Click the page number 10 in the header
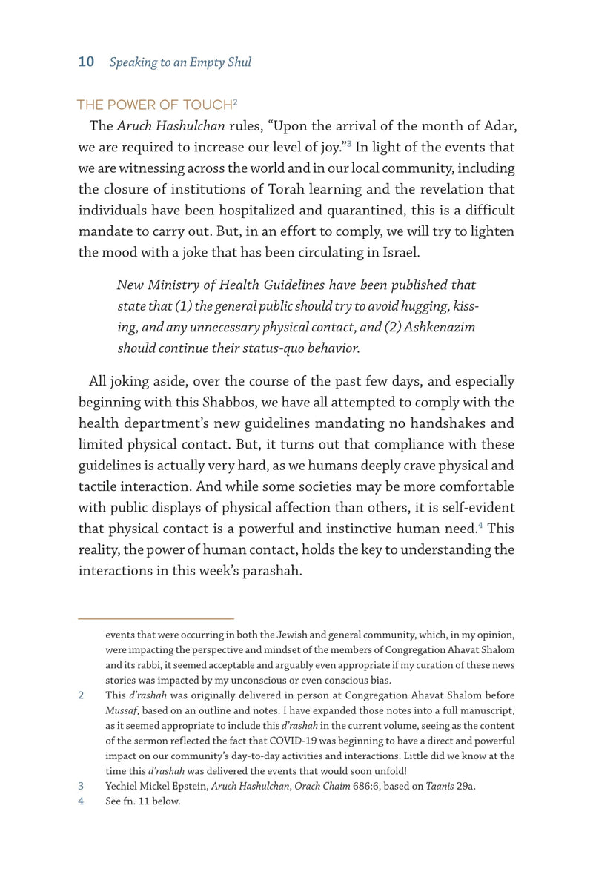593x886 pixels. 86,62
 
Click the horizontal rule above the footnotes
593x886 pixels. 156,618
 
